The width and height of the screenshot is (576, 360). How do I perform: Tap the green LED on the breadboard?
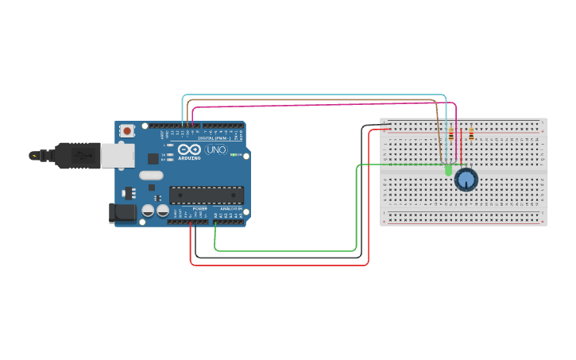click(x=448, y=169)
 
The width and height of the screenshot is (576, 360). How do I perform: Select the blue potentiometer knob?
click(x=466, y=180)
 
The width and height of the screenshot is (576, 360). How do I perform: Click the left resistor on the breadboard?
click(x=451, y=134)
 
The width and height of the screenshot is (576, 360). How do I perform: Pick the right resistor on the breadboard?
click(x=471, y=134)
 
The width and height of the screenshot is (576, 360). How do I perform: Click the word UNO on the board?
click(x=216, y=149)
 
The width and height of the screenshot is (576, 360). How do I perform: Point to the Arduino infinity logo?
click(x=189, y=149)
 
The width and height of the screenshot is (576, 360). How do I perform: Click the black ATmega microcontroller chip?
click(x=206, y=195)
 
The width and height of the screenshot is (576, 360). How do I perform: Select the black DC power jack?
click(x=121, y=211)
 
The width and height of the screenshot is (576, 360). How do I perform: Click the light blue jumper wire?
click(x=318, y=95)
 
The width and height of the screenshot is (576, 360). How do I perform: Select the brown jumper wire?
click(x=318, y=100)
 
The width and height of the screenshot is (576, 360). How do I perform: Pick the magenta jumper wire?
click(x=318, y=105)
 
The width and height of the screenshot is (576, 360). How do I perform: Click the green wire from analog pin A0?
click(x=286, y=251)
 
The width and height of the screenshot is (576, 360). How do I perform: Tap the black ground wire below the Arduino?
click(x=278, y=257)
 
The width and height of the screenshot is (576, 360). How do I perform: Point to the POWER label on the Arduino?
click(x=199, y=209)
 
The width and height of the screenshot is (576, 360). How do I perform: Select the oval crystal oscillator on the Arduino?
click(x=150, y=175)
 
